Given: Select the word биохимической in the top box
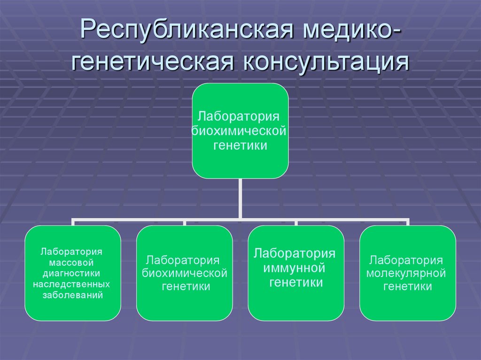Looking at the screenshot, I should click(240, 131).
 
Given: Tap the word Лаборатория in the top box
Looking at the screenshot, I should click(240, 116).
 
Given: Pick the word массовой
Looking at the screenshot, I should click(72, 262).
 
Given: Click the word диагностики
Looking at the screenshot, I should click(72, 273).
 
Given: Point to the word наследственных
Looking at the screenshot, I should click(72, 284).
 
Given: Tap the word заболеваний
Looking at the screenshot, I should click(72, 296).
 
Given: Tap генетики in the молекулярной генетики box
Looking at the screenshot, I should click(407, 287).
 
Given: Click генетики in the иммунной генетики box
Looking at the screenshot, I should click(295, 283).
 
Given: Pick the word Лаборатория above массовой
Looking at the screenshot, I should click(72, 251).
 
